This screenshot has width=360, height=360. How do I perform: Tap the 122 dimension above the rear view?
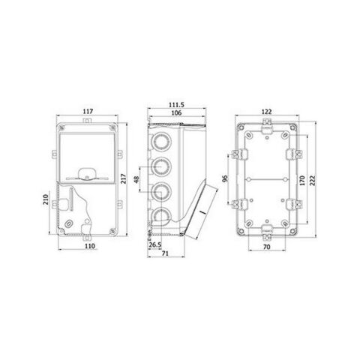point(268,112)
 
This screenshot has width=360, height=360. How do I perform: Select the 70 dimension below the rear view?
point(266,245)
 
